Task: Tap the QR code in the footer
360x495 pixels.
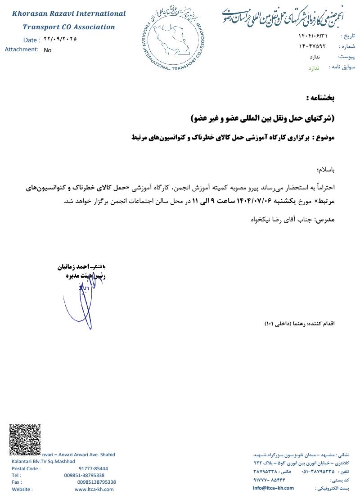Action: click(x=25, y=439)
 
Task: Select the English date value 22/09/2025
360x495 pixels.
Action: click(x=60, y=39)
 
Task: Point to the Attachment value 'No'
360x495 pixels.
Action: click(x=48, y=50)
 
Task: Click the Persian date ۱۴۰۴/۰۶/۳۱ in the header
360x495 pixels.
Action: click(x=313, y=36)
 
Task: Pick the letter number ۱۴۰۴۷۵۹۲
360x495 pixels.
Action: click(x=311, y=46)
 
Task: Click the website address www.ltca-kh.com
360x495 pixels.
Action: click(x=94, y=489)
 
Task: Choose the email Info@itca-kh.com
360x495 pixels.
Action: click(x=273, y=488)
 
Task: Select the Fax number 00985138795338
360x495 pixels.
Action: click(x=96, y=482)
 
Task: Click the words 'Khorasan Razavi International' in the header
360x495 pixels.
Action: click(x=69, y=14)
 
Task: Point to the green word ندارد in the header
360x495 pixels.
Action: click(x=313, y=67)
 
